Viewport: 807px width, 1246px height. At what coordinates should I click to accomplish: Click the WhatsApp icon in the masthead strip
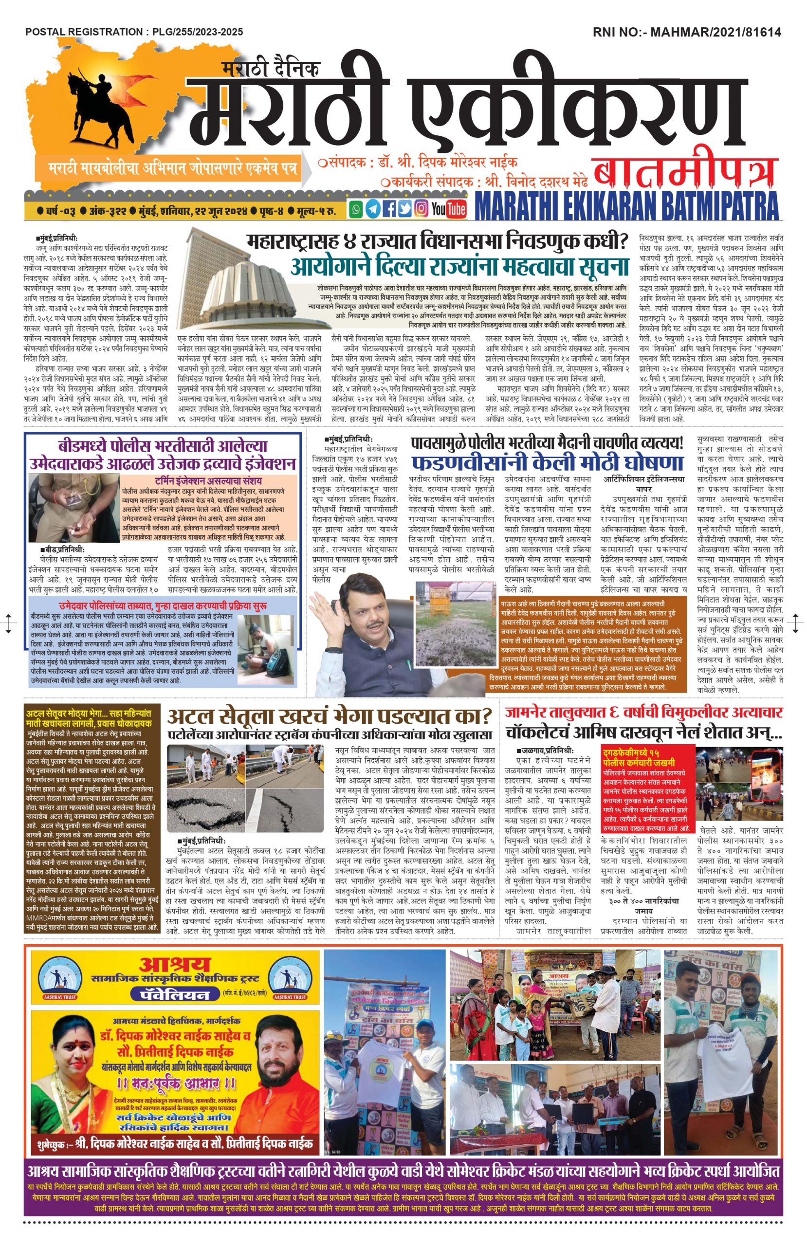pyautogui.click(x=356, y=209)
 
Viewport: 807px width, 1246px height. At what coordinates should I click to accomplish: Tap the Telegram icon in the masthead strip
pyautogui.click(x=372, y=209)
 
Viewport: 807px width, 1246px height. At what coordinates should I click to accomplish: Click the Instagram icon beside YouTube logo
pyautogui.click(x=421, y=209)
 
